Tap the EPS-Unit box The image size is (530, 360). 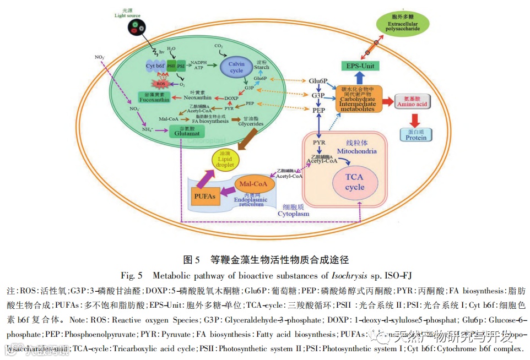click(360, 66)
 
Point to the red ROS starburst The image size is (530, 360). click(160, 83)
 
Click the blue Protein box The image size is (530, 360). click(416, 134)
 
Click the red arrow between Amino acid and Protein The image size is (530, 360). click(414, 117)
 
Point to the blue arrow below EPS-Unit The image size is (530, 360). click(359, 79)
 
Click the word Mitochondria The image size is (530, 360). click(358, 150)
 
